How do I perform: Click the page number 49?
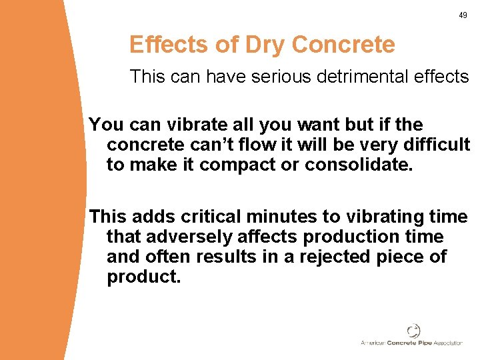tap(463, 15)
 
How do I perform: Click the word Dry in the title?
tap(266, 45)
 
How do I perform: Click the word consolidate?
tap(359, 165)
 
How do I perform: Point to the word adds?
tap(151, 216)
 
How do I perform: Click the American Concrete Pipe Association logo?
tap(412, 335)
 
